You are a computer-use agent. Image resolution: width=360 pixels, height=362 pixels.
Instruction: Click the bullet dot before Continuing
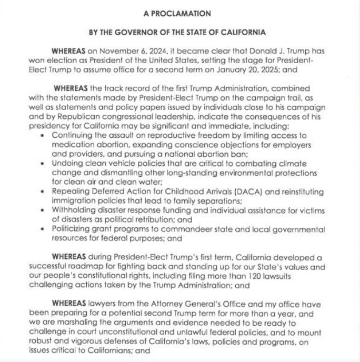[43, 136]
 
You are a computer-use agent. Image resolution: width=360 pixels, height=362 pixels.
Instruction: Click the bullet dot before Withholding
[43, 211]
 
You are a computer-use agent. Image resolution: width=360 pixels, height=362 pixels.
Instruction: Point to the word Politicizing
[74, 229]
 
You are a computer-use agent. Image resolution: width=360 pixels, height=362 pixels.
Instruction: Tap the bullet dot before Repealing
[43, 192]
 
